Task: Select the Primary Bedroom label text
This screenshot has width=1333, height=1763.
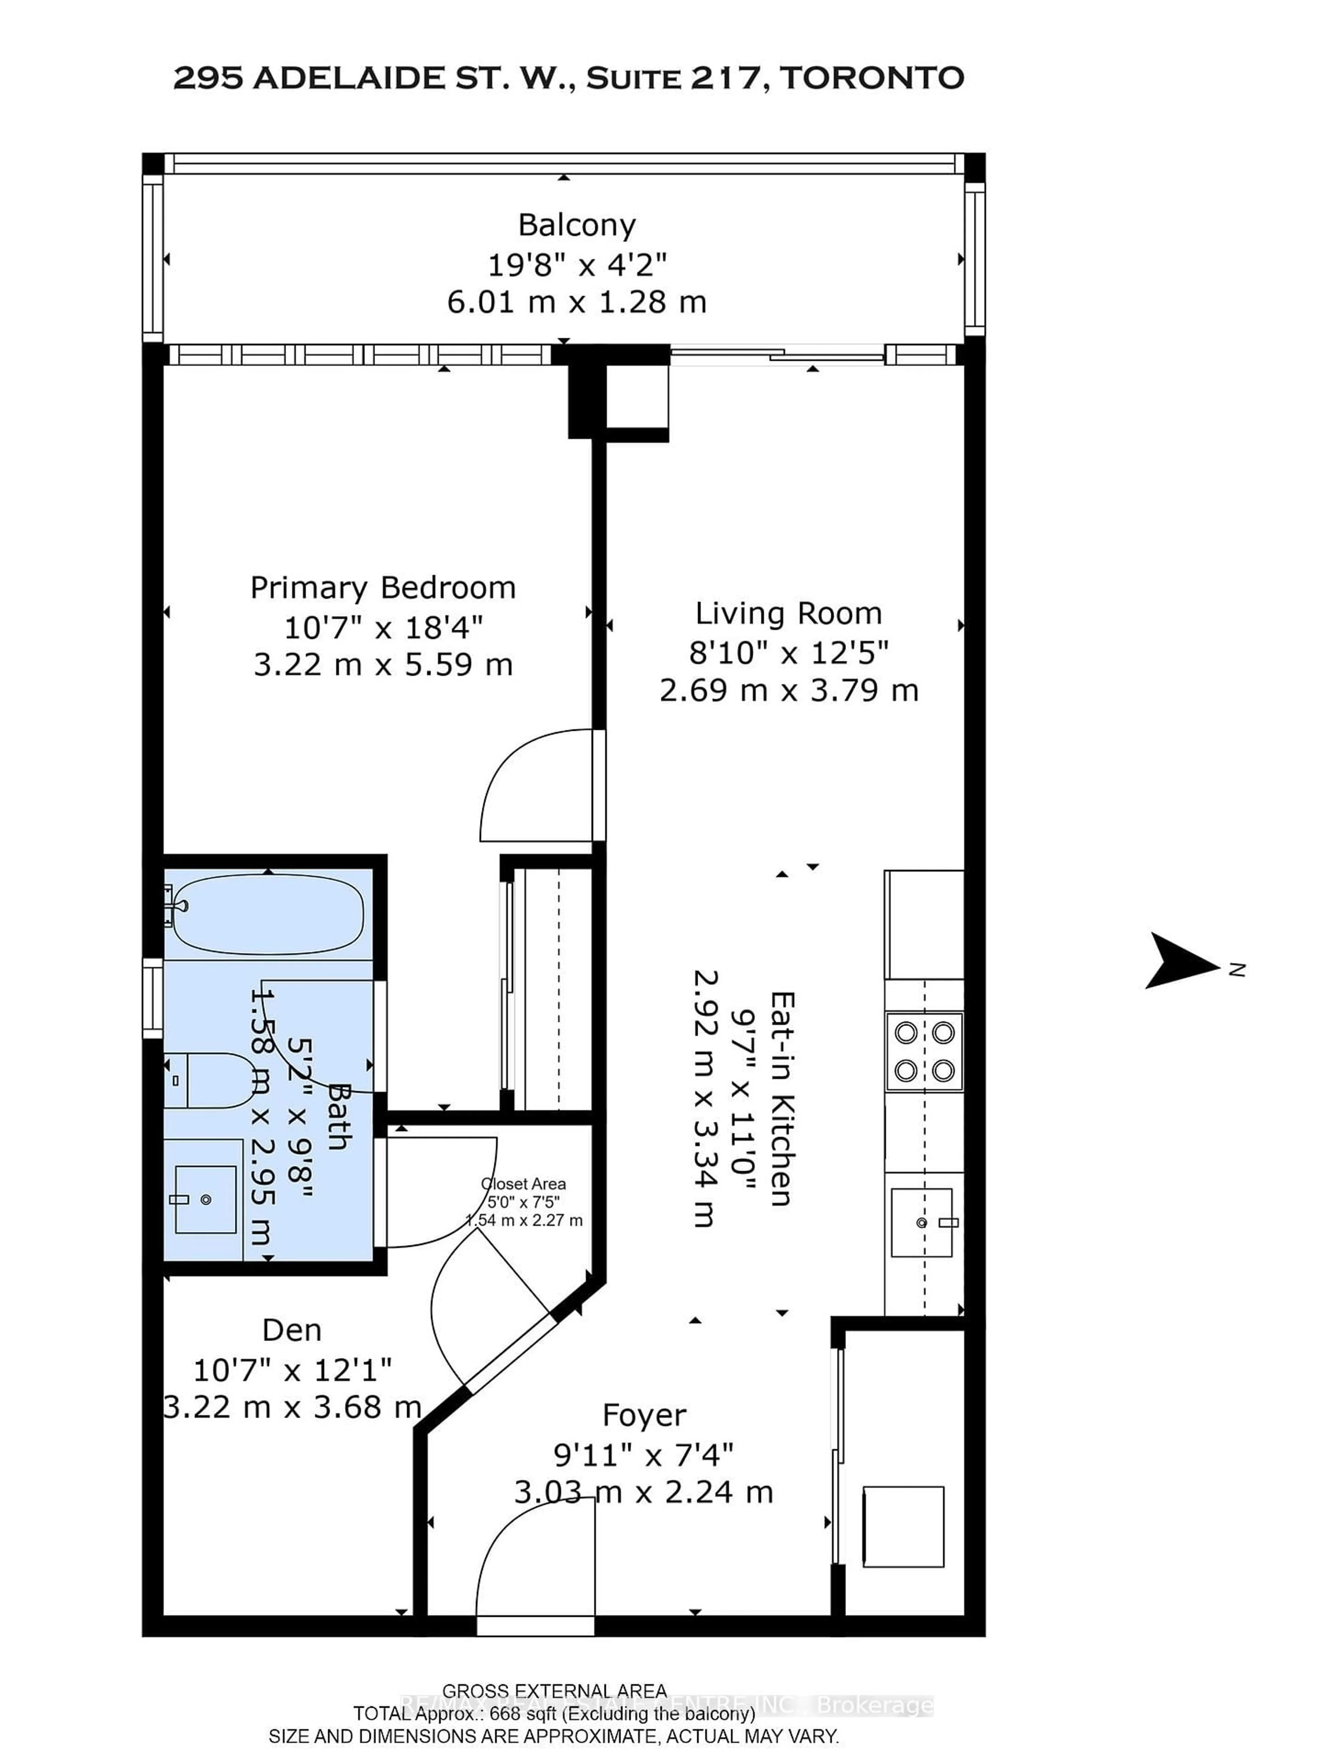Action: click(x=383, y=587)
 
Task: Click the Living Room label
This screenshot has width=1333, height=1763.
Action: click(x=788, y=613)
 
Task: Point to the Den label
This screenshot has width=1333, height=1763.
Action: click(x=292, y=1330)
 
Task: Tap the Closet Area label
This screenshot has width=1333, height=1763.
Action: click(x=523, y=1184)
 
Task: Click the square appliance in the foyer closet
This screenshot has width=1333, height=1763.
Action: click(x=903, y=1526)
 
